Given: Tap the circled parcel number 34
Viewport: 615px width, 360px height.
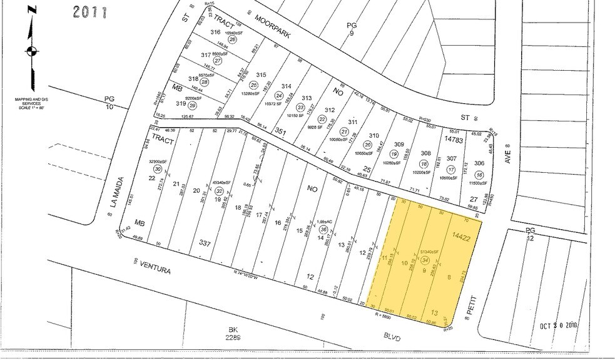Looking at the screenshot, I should coord(426,259).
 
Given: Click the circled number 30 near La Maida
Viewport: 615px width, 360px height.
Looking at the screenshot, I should coord(158,170).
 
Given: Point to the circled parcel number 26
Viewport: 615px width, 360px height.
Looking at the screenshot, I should coord(232,39).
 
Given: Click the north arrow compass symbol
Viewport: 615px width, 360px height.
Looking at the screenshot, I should coord(29,51).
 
